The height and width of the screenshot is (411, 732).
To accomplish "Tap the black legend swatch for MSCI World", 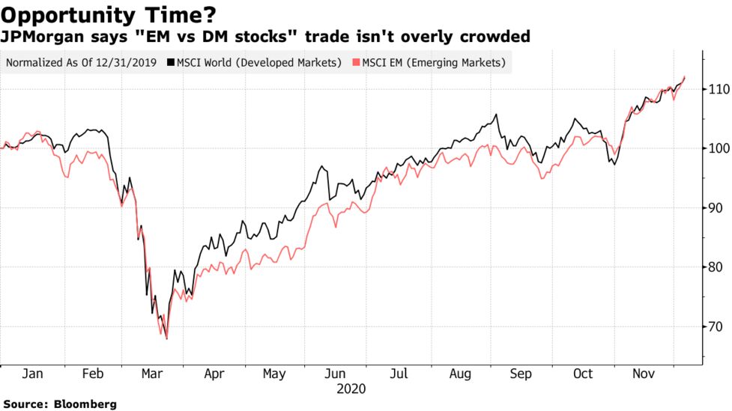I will tap(171, 63).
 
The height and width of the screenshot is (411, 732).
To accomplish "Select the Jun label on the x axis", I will tap(336, 374).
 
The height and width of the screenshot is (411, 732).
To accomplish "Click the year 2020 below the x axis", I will tap(351, 389).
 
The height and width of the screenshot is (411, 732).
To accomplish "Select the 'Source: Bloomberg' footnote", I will tap(59, 404).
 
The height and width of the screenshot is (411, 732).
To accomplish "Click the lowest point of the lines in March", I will tap(166, 339).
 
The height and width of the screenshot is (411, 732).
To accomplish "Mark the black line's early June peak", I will tap(323, 166).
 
